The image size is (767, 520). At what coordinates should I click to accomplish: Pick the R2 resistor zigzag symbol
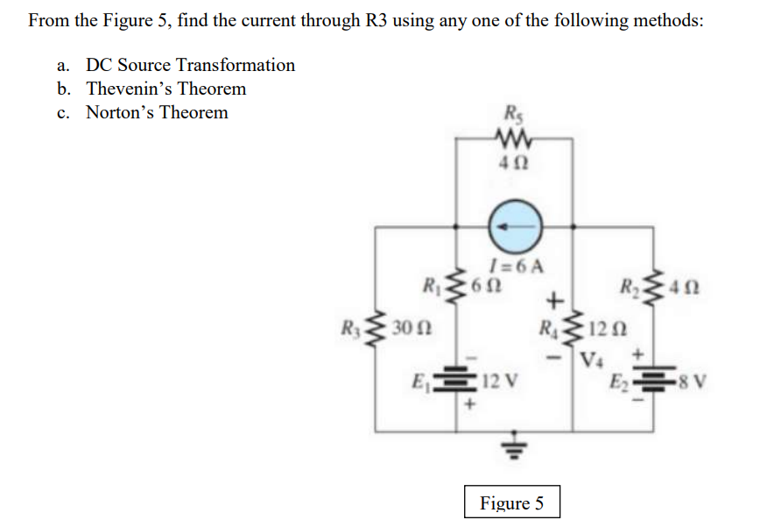pos(653,287)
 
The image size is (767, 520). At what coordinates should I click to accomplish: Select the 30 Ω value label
pos(410,330)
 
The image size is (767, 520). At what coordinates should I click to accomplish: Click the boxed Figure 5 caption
pos(511,502)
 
